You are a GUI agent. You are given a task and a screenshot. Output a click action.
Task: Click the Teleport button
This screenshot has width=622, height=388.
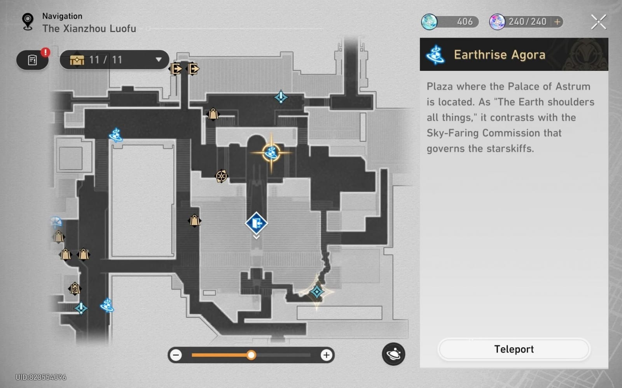pyautogui.click(x=514, y=349)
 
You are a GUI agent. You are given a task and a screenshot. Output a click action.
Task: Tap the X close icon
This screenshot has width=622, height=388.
pyautogui.click(x=598, y=22)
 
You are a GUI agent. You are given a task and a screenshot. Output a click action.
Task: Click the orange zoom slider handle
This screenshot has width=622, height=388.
pyautogui.click(x=251, y=355)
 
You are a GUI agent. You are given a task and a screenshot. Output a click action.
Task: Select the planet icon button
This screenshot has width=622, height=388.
pyautogui.click(x=393, y=354)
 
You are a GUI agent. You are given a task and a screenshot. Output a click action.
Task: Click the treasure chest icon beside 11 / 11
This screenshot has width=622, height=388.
pyautogui.click(x=77, y=60)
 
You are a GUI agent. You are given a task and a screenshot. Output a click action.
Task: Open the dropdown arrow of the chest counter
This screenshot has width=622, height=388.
pyautogui.click(x=159, y=60)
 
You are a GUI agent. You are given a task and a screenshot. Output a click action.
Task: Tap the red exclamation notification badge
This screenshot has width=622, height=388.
pyautogui.click(x=45, y=52)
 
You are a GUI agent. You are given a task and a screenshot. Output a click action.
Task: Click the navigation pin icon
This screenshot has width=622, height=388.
pyautogui.click(x=28, y=22)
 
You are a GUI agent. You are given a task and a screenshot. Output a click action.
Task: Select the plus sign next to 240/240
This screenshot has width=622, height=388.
pyautogui.click(x=557, y=22)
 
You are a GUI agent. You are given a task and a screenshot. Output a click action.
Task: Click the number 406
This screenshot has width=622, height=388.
pyautogui.click(x=465, y=22)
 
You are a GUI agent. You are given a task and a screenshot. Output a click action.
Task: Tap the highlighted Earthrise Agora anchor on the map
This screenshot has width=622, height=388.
pyautogui.click(x=271, y=152)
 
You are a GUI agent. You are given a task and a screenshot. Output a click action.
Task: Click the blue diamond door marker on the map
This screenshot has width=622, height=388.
pyautogui.click(x=256, y=223)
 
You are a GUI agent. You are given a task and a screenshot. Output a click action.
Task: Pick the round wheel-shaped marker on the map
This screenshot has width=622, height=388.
pyautogui.click(x=221, y=176)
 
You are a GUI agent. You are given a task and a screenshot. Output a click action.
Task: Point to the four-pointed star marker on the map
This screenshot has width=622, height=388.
pyautogui.click(x=316, y=292)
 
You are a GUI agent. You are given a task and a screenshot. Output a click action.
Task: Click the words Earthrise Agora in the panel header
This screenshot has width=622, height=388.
pyautogui.click(x=500, y=55)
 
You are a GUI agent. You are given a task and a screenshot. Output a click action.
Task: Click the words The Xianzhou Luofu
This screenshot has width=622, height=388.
pyautogui.click(x=89, y=29)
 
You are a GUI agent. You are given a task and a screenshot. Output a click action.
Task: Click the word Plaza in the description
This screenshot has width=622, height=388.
pyautogui.click(x=440, y=87)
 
